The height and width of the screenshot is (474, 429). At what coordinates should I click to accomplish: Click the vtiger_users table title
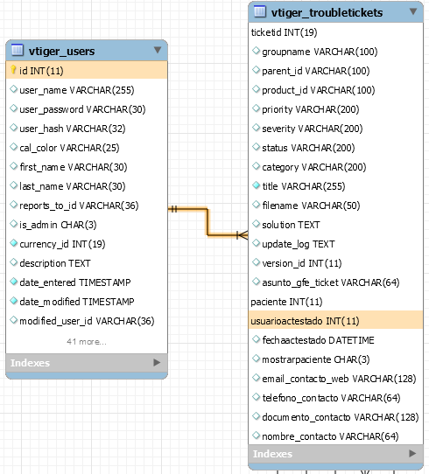(x=61, y=51)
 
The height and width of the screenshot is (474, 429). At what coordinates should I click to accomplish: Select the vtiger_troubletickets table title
(x=327, y=13)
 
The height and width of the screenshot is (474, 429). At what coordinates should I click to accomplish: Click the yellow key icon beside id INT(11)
(x=13, y=70)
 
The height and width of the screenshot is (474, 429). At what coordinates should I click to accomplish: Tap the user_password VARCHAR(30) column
(x=82, y=109)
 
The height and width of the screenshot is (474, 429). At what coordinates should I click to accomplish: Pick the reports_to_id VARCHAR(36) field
(x=79, y=206)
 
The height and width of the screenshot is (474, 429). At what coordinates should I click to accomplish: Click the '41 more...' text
(x=87, y=342)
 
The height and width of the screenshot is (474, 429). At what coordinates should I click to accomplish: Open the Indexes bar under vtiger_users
(x=87, y=362)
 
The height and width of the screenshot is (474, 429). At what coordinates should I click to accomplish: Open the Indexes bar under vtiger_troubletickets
(x=335, y=453)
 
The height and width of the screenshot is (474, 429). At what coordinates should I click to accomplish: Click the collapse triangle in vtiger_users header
(x=158, y=50)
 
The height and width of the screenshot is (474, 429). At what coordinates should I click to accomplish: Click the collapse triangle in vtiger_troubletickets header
(x=413, y=11)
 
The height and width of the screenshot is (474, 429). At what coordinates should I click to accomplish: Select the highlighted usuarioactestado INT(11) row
(x=335, y=321)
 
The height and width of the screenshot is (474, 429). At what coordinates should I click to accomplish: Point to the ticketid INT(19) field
(x=284, y=32)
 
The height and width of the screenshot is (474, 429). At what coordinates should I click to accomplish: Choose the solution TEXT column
(x=291, y=225)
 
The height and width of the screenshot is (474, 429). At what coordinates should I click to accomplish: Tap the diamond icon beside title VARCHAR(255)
(x=256, y=185)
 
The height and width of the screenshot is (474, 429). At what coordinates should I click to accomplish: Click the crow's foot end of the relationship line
(x=242, y=235)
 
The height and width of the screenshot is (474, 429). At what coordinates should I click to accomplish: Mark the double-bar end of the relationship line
(x=173, y=209)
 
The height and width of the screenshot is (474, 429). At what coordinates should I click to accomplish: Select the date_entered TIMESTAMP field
(x=75, y=282)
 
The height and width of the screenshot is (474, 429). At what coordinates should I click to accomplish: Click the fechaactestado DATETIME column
(x=318, y=340)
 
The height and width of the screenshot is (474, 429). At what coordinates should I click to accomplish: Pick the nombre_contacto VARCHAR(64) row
(x=330, y=436)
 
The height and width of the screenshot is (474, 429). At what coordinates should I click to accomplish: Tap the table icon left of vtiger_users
(x=18, y=50)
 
